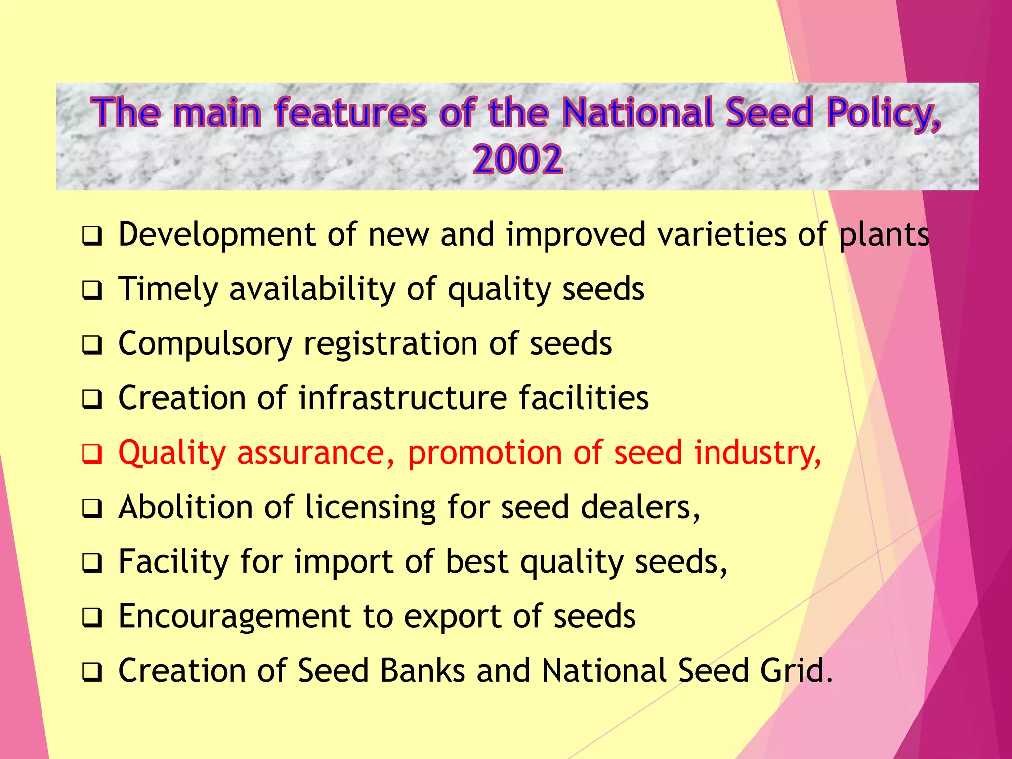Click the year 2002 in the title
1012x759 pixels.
pos(517,160)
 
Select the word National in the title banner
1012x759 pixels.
pos(639,113)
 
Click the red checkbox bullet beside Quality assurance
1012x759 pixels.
pos(92,454)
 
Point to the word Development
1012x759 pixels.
pos(217,235)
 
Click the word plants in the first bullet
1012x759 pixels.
pos(884,235)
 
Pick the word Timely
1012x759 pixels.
pos(168,290)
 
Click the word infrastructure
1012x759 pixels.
pos(403,398)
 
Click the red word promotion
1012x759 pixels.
pos(485,453)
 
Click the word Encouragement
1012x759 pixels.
pos(235,617)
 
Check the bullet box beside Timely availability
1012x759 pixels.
pos(92,290)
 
